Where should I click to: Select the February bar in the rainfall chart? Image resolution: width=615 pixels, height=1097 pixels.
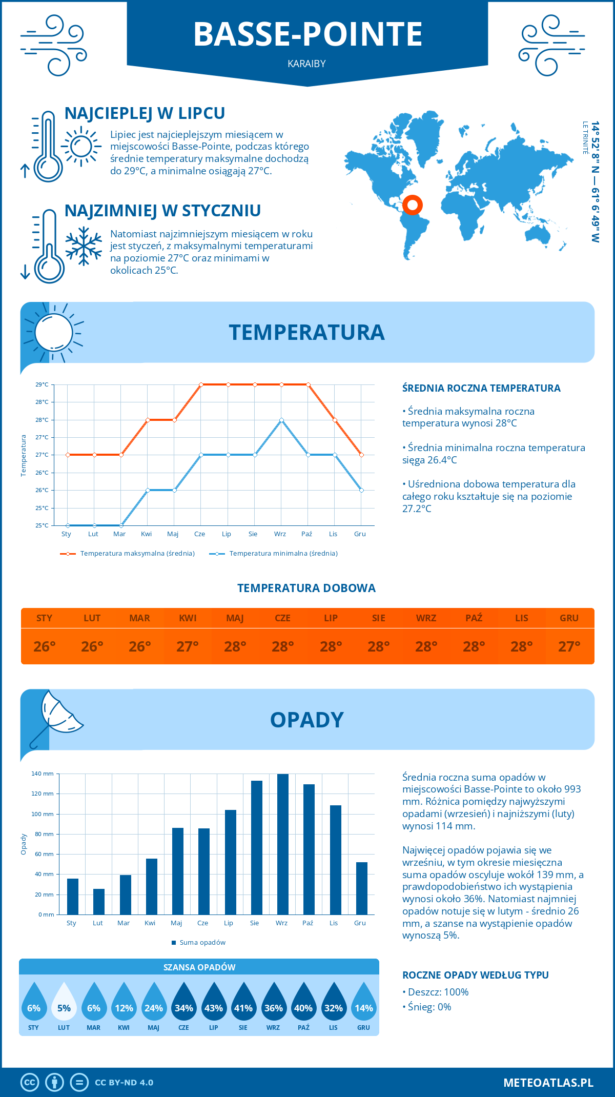click(99, 902)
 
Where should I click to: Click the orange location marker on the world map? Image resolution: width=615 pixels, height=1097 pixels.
click(413, 205)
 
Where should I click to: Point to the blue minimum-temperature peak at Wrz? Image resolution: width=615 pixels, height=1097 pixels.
click(281, 420)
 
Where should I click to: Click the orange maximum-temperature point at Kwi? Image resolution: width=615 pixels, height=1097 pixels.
click(148, 420)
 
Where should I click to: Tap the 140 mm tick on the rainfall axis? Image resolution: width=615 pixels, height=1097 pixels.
click(43, 774)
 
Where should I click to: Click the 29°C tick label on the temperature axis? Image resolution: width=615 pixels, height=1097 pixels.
click(42, 384)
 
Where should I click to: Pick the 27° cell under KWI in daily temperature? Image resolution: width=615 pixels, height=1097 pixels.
click(188, 646)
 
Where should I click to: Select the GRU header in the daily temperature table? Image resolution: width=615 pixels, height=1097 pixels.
click(569, 618)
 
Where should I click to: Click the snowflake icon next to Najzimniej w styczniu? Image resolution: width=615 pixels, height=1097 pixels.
click(84, 247)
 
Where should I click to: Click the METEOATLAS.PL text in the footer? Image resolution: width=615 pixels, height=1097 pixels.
click(548, 1082)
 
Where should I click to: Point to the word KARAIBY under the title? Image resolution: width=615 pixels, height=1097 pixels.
click(307, 64)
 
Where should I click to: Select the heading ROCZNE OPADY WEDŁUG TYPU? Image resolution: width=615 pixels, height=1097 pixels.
click(475, 975)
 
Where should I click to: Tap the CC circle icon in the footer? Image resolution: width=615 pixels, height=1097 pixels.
click(30, 1082)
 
